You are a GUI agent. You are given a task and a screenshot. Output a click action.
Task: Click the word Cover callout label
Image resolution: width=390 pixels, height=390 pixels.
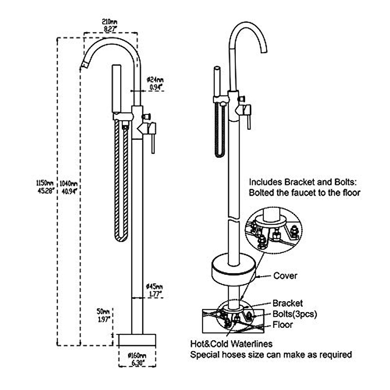285,276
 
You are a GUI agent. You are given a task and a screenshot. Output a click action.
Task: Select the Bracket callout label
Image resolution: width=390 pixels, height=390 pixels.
288,303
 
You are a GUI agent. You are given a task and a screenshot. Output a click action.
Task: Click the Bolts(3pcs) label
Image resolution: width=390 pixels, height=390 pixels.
294,314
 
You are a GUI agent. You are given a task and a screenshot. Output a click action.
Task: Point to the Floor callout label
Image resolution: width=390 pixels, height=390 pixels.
282,325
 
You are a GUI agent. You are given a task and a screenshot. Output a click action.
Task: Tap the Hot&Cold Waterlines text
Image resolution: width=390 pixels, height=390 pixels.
231,344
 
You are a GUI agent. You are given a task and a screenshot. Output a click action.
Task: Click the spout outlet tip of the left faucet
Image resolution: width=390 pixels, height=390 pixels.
85,65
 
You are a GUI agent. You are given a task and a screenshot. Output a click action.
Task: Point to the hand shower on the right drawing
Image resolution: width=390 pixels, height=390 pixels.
217,81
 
